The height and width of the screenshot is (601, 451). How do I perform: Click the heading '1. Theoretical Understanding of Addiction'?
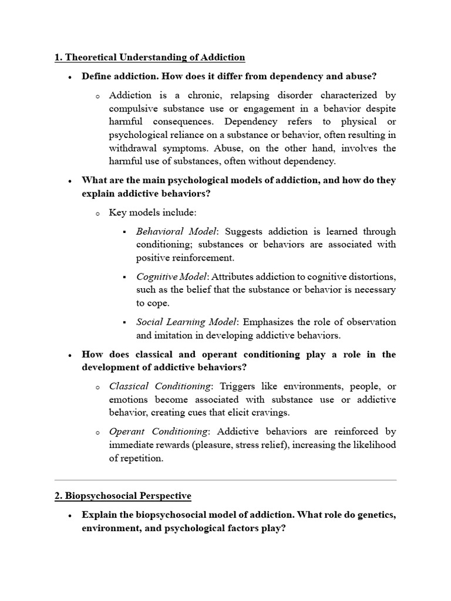(x=150, y=58)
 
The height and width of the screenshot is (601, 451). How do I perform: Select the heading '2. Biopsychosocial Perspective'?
(x=123, y=496)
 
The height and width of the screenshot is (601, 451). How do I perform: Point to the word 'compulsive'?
(x=133, y=109)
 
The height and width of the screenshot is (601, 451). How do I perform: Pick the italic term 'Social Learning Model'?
(x=186, y=322)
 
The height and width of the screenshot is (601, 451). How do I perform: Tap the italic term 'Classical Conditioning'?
(x=160, y=386)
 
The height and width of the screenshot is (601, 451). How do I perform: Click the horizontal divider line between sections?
(x=225, y=480)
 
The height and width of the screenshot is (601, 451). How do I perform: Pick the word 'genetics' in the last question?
(x=376, y=515)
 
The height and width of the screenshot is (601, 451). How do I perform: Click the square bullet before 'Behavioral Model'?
(x=125, y=232)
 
